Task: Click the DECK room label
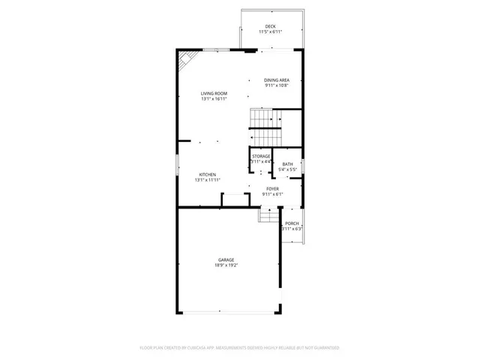[x=270, y=26]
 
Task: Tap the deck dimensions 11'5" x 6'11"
[x=270, y=32]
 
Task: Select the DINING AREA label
[x=276, y=80]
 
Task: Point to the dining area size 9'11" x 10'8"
[x=276, y=86]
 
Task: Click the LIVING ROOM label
[x=214, y=93]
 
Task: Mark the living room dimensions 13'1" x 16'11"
[x=214, y=99]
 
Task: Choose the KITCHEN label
[x=208, y=174]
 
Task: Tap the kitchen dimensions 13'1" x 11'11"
[x=208, y=180]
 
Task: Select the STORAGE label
[x=261, y=156]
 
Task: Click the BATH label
[x=288, y=163]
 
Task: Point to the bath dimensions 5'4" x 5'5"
[x=288, y=169]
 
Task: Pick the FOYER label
[x=273, y=189]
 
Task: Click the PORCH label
[x=292, y=223]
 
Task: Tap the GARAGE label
[x=226, y=259]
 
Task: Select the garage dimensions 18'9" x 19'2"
[x=226, y=265]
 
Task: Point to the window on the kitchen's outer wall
[x=177, y=165]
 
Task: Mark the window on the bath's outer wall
[x=303, y=165]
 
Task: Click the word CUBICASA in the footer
[x=205, y=348]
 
